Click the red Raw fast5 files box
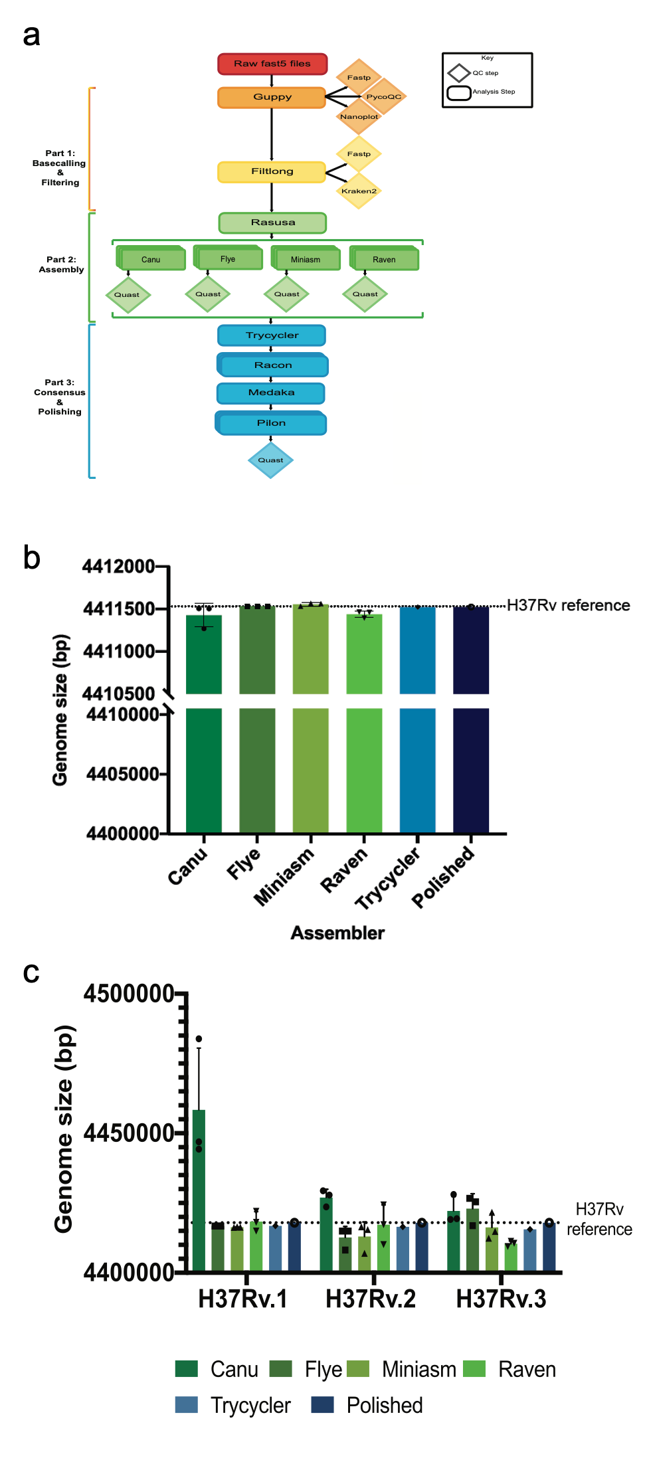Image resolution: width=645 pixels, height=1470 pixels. [x=272, y=64]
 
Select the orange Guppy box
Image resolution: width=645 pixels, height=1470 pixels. [x=272, y=97]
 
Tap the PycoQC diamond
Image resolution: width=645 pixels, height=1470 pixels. [x=384, y=97]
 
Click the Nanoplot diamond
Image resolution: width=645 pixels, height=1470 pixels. [x=359, y=117]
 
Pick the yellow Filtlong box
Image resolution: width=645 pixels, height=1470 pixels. [x=272, y=171]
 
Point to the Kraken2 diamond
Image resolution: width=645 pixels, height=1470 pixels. [x=359, y=191]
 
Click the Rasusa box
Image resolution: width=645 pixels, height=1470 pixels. [x=272, y=223]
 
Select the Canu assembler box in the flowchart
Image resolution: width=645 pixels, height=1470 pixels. [x=151, y=259]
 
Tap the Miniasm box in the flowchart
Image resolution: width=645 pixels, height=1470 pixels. [x=306, y=259]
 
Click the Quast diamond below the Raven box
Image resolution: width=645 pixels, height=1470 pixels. [x=365, y=294]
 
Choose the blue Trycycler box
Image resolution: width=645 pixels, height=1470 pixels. [x=272, y=335]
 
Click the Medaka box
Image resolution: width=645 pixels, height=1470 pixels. [x=271, y=393]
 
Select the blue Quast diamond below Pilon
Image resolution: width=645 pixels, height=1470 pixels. [x=270, y=460]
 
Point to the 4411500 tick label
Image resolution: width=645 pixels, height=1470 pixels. [x=118, y=609]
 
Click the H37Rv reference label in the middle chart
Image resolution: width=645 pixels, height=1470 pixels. [x=568, y=605]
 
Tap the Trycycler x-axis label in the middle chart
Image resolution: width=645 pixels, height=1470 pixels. [x=388, y=878]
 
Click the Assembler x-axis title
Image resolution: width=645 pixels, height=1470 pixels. [x=337, y=933]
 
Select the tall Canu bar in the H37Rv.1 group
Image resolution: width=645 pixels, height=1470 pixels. [x=199, y=1189]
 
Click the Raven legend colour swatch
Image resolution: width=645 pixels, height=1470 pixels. [x=474, y=1369]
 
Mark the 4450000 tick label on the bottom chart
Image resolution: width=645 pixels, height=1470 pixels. [x=129, y=1133]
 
